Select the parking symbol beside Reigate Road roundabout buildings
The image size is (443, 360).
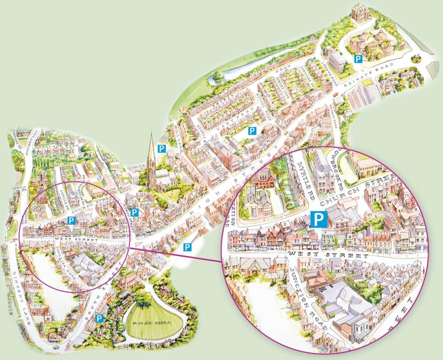(358, 59)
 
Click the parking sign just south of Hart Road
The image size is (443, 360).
(252, 131)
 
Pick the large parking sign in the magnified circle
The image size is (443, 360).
(318, 219)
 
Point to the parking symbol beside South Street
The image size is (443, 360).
(99, 318)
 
